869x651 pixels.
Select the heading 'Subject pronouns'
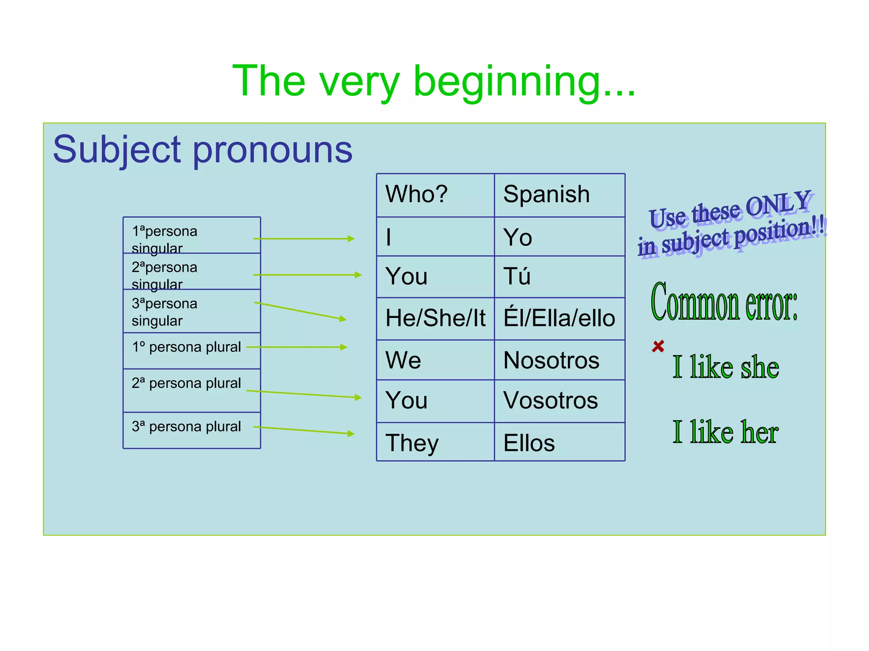(202, 150)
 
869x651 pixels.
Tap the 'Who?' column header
(435, 195)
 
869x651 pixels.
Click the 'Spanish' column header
(559, 195)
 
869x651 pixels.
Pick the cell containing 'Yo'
(559, 237)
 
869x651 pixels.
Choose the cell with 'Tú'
(559, 276)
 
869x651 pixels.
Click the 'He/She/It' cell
(435, 318)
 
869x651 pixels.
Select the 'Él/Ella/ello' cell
(559, 318)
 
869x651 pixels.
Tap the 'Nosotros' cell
(559, 360)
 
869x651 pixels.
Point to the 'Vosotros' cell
(559, 401)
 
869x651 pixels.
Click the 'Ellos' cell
(559, 442)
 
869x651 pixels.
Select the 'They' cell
(435, 442)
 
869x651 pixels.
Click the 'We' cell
(435, 360)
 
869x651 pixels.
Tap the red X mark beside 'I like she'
(658, 346)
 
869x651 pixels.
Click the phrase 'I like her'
(725, 432)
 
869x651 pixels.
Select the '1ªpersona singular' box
(191, 235)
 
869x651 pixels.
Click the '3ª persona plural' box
(191, 430)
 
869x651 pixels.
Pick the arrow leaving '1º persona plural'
(297, 347)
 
